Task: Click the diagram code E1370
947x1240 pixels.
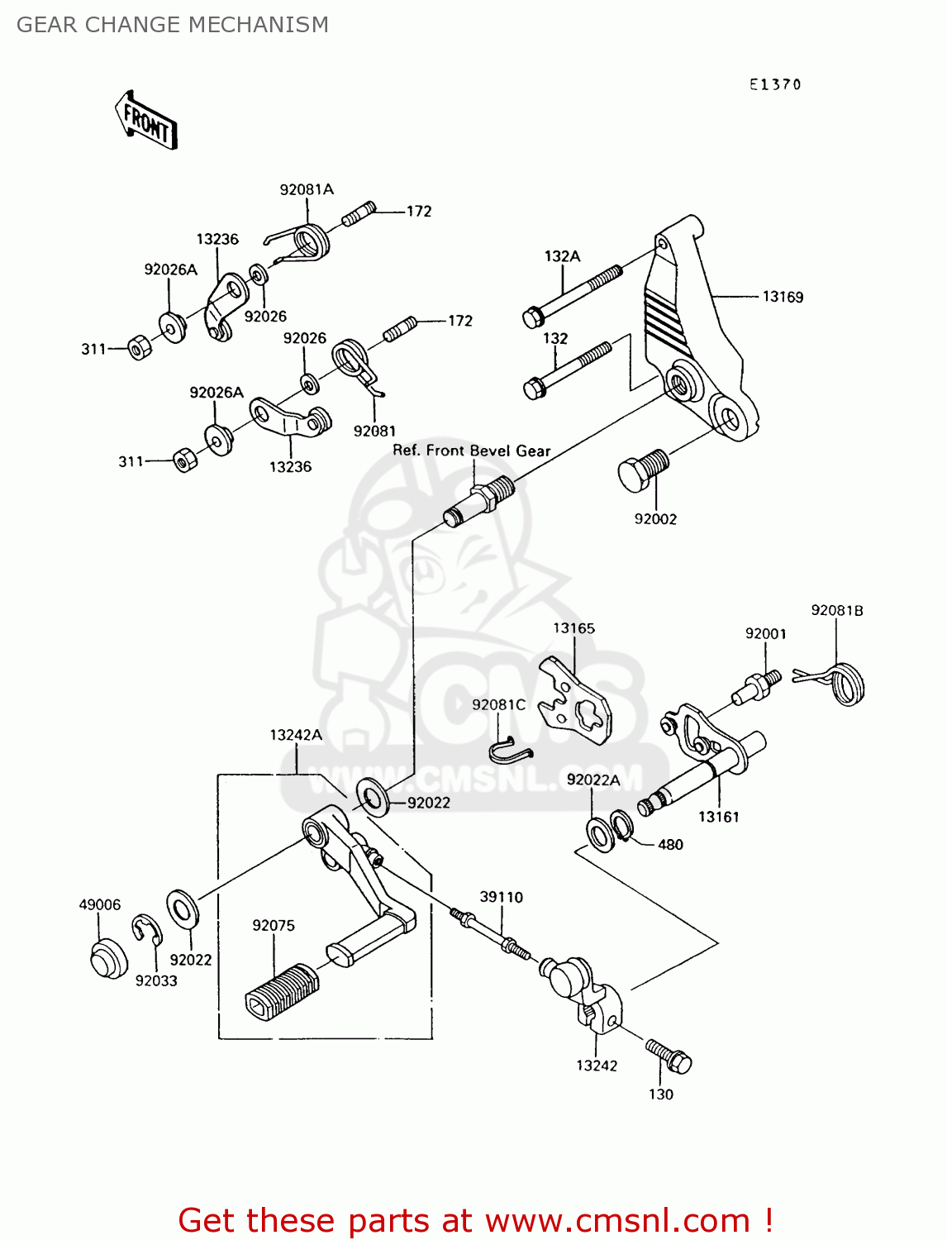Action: [x=775, y=84]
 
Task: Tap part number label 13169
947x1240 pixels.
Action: [x=782, y=297]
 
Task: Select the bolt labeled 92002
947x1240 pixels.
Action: [x=641, y=471]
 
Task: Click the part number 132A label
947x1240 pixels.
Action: [x=562, y=256]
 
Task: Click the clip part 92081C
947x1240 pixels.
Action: [x=508, y=749]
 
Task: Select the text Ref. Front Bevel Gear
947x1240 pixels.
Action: [x=471, y=451]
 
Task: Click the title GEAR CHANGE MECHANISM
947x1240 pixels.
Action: [x=173, y=25]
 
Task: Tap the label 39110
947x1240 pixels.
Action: [x=502, y=897]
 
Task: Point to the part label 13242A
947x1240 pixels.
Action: [x=296, y=735]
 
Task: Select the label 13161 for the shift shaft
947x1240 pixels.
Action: [x=718, y=817]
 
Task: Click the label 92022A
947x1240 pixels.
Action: [x=593, y=780]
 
